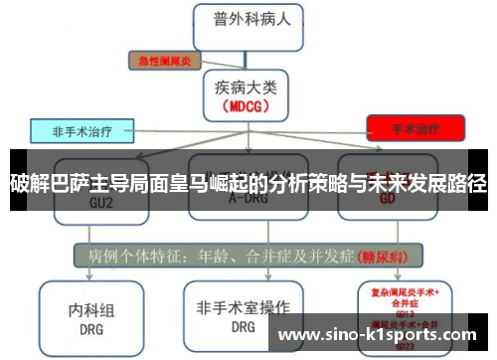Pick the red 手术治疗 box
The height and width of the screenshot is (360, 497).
(x=415, y=127)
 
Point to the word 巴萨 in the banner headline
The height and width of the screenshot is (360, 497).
(x=67, y=182)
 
